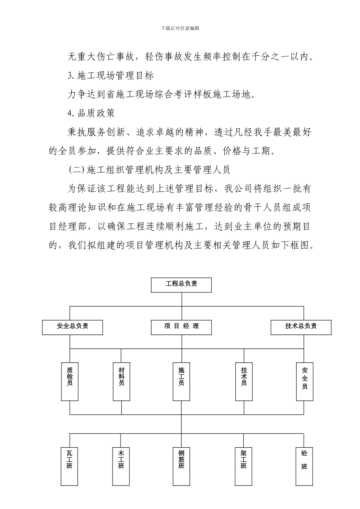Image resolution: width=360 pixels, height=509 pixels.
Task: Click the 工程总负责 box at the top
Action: (181, 285)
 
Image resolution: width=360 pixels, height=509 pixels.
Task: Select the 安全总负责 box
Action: (72, 327)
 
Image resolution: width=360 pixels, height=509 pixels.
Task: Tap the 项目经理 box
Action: (181, 327)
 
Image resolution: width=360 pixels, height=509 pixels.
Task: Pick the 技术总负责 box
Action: (301, 327)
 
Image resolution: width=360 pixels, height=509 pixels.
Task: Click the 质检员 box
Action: (70, 381)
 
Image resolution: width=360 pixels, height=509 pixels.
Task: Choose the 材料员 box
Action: (121, 381)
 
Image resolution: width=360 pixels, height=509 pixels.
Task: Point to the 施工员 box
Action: (181, 381)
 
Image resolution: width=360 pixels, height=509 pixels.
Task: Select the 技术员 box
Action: (244, 381)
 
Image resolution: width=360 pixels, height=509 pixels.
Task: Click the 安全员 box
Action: (304, 381)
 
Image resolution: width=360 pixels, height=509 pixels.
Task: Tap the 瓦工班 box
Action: (70, 466)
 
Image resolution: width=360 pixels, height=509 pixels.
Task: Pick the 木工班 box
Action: (121, 466)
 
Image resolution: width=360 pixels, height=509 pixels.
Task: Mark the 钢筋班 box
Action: (181, 466)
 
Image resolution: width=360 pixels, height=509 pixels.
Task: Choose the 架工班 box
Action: (244, 466)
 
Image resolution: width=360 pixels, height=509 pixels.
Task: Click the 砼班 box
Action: (304, 466)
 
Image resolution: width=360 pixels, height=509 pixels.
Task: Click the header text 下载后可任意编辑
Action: (180, 28)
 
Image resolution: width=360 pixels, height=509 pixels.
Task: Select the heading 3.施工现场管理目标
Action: (111, 76)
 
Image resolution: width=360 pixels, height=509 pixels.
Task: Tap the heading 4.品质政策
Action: (91, 113)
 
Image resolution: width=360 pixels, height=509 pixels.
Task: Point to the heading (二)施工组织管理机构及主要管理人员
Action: (149, 170)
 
